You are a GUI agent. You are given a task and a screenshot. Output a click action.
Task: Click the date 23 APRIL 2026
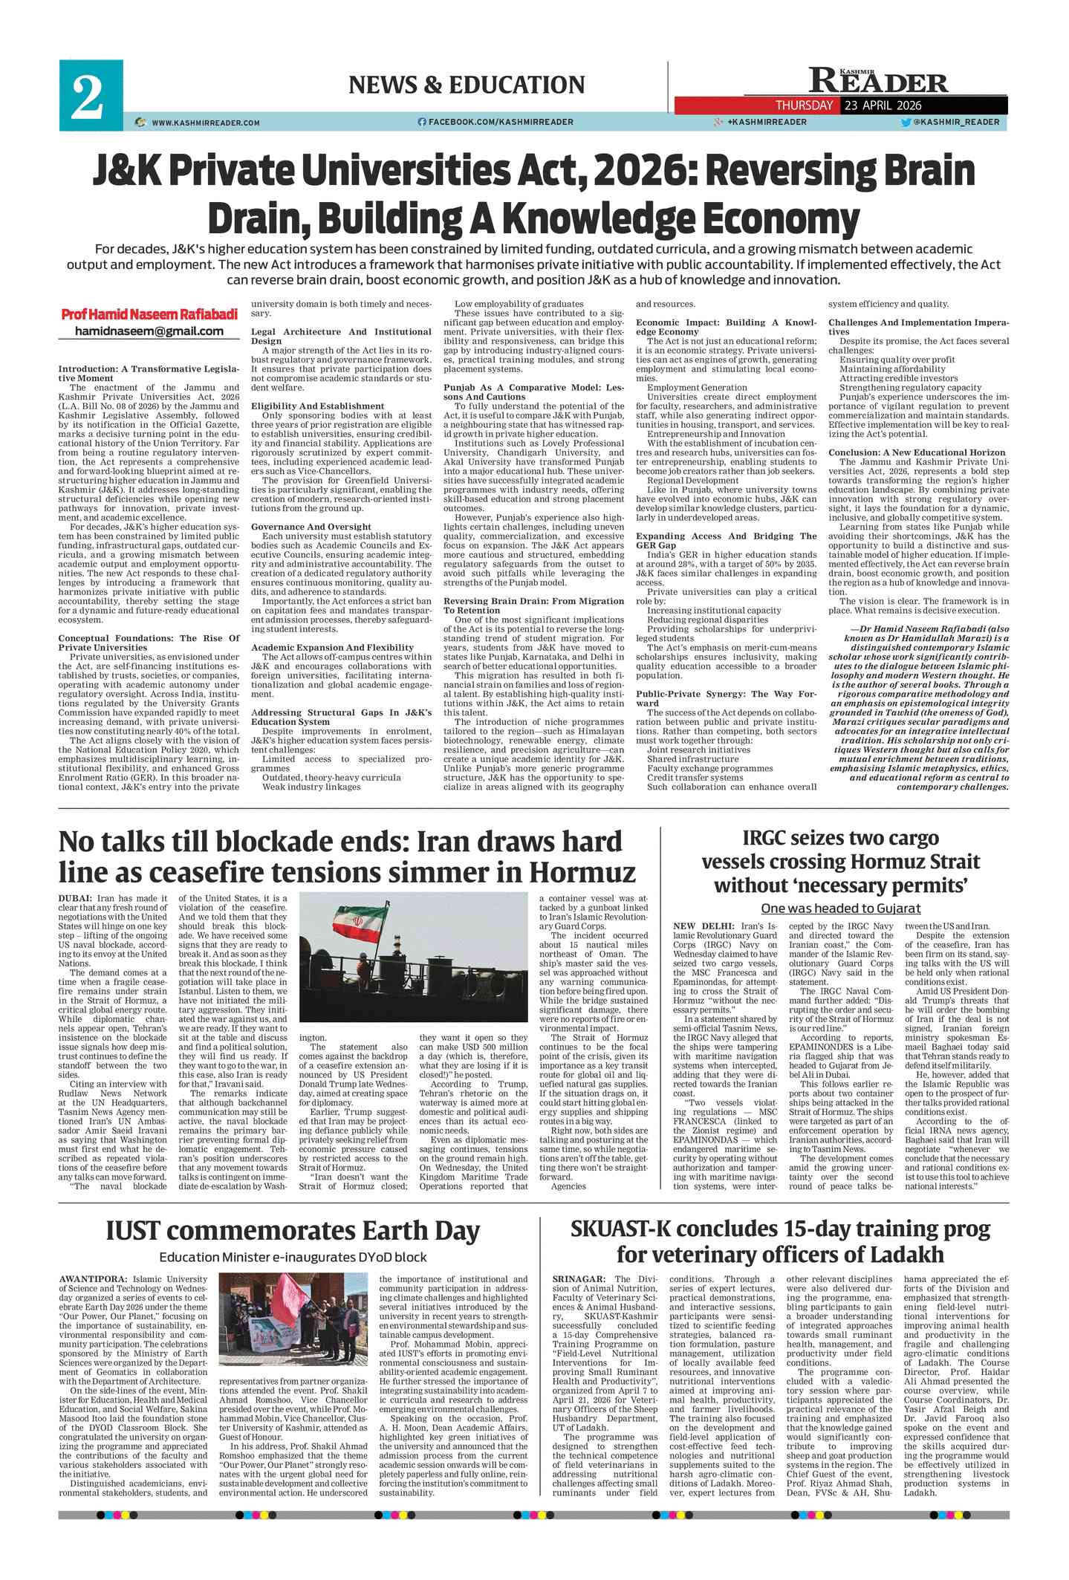(881, 105)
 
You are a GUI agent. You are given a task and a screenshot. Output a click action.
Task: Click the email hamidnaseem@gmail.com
(149, 331)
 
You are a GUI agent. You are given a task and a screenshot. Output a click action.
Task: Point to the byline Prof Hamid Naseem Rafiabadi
(149, 314)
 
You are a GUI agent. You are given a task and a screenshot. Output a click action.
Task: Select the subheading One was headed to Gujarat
(840, 908)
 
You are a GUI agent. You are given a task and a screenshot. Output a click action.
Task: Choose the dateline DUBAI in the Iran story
(75, 899)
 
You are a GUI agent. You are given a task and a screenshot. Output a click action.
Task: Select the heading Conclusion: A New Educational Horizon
(917, 452)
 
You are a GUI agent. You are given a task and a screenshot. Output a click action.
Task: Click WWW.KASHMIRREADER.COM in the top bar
(206, 123)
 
